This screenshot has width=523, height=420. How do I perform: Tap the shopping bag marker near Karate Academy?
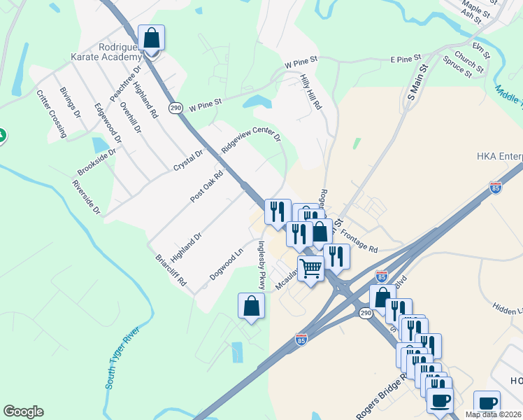(x=151, y=39)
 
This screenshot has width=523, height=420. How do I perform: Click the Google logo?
(x=23, y=412)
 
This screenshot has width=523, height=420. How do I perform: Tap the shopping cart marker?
(x=311, y=268)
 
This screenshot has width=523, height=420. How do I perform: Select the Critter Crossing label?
(x=51, y=111)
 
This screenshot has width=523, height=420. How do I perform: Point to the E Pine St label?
(x=406, y=58)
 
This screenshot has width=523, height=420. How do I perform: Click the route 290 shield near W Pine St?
(x=175, y=106)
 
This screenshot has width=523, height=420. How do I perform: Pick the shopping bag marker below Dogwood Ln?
(x=252, y=307)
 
